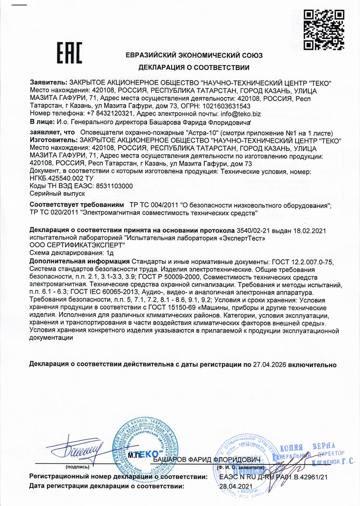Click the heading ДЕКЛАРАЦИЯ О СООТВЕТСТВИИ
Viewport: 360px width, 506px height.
(194, 67)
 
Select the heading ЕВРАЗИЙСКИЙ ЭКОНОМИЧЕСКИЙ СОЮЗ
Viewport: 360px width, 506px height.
(194, 56)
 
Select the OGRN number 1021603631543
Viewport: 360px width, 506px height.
(226, 106)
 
